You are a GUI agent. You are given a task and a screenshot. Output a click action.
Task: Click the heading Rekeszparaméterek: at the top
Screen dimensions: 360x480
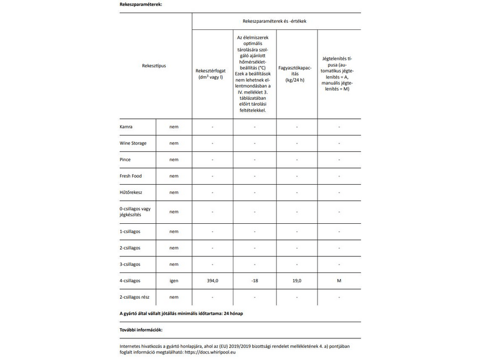tap(141, 4)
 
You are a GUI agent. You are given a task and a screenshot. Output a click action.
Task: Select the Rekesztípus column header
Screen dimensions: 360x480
tap(154, 65)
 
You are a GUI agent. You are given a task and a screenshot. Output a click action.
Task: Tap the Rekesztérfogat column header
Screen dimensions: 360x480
tap(212, 73)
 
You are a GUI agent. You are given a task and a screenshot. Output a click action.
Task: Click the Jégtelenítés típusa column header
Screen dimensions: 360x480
tap(339, 73)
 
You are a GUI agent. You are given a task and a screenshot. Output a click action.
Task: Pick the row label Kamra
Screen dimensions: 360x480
tap(127, 127)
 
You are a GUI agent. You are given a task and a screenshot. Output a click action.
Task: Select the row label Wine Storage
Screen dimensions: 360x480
tap(134, 143)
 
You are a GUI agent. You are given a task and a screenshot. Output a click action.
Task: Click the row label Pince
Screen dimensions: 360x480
tap(126, 160)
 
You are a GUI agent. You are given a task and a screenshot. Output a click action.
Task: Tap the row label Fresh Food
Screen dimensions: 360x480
tap(131, 176)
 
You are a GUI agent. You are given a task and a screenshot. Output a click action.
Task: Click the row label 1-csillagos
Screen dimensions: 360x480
tap(133, 231)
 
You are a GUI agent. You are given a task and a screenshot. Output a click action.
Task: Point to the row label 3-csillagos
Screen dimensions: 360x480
tap(133, 264)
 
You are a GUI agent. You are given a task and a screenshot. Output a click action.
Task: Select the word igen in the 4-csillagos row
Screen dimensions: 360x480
tap(173, 281)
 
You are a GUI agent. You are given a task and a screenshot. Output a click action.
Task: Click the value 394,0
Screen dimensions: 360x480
tap(212, 281)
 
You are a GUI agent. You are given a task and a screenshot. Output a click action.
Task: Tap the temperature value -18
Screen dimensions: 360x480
tap(254, 281)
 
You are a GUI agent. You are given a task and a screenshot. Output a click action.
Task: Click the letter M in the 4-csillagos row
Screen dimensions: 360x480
tap(339, 281)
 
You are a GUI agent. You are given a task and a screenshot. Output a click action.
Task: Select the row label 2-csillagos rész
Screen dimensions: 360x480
tap(138, 297)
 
